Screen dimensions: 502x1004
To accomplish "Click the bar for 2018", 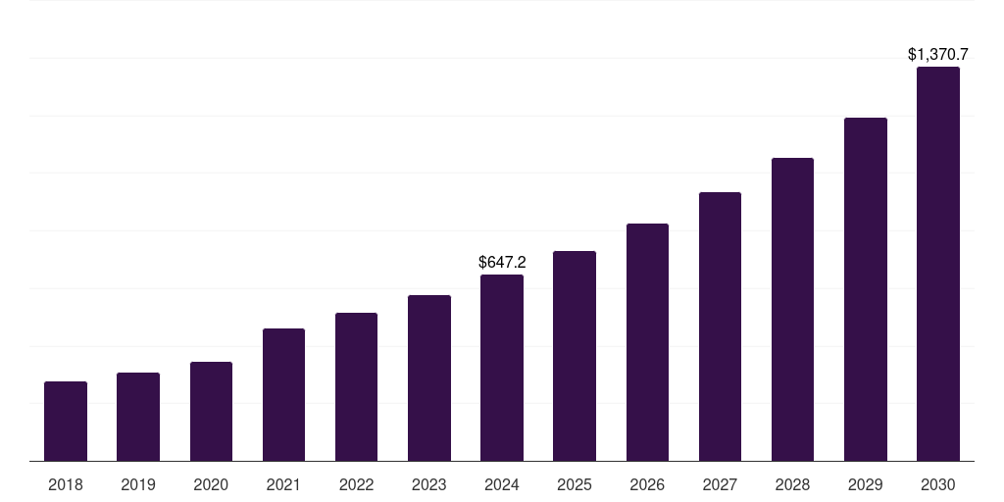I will [66, 421].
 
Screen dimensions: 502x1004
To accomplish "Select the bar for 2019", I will [138, 417].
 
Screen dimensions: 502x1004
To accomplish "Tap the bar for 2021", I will [283, 394].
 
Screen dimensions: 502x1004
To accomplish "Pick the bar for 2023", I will [429, 377].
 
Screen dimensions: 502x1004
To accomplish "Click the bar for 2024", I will [502, 368].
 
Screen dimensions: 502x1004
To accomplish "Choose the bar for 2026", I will [647, 342].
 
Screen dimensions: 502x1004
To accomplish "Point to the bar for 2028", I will [792, 309].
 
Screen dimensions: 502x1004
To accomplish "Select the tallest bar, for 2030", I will [938, 264].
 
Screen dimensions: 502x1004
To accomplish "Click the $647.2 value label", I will [502, 262].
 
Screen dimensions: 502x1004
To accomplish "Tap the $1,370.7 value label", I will [938, 55].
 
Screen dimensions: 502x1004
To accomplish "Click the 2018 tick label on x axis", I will [66, 484].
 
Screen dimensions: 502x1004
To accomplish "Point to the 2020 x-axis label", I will [211, 484].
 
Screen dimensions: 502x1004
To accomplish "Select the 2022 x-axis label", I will [356, 484].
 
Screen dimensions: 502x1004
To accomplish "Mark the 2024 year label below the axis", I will [502, 484].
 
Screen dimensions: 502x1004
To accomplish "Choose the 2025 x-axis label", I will [575, 484].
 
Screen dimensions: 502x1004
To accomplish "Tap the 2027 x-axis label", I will [720, 484].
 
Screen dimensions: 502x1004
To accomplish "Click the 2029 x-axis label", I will [866, 484].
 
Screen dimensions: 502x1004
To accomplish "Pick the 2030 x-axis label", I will [938, 484].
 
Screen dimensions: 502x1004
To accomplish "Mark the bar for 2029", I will [866, 289].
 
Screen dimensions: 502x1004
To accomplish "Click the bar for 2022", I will [356, 386].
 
